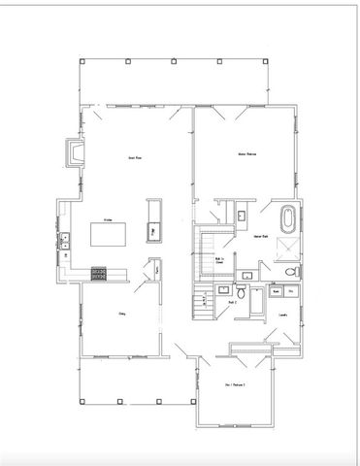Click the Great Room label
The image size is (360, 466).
point(136,157)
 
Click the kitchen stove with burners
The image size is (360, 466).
point(98,274)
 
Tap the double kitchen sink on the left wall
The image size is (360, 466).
point(65,242)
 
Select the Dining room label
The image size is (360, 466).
point(123,313)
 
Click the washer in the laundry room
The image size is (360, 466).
point(275,291)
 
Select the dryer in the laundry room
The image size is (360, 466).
point(291,291)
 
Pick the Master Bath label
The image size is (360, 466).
point(260,237)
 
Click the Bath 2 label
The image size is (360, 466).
point(233,303)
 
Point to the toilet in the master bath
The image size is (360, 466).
point(240,216)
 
